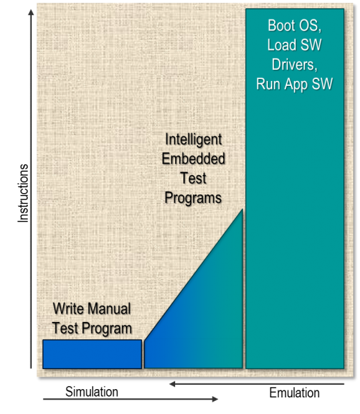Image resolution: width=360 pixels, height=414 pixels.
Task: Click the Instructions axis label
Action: [23, 193]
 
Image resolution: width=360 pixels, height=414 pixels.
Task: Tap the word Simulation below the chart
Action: [91, 392]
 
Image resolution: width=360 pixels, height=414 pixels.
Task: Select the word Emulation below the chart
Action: [294, 393]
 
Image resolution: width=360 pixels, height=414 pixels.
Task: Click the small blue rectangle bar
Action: [92, 354]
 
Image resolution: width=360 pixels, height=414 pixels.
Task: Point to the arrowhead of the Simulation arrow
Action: [215, 399]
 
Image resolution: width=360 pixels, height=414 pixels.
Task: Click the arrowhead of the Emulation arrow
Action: [172, 384]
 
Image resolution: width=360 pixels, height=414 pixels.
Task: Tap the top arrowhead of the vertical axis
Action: [31, 12]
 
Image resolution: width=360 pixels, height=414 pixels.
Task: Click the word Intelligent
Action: [193, 139]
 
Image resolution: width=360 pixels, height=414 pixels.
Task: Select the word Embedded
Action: [193, 159]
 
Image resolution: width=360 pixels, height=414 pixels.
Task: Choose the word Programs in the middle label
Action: [193, 198]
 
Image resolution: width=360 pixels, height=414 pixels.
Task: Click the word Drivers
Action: [294, 64]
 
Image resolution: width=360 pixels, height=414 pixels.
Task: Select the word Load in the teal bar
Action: [282, 45]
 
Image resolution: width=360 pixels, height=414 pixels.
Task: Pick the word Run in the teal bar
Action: [268, 84]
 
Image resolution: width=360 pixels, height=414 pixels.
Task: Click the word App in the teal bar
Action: [296, 84]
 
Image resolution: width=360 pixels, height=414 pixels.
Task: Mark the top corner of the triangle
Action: [242, 209]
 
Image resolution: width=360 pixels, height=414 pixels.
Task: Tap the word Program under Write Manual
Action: [107, 328]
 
